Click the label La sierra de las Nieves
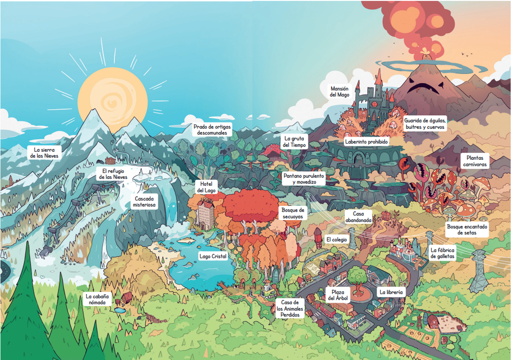click(44, 153)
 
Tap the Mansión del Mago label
click(340, 92)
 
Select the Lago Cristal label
click(213, 256)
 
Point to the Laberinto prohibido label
click(366, 142)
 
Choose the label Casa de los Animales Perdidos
click(290, 308)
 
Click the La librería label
click(391, 292)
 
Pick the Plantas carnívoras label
click(475, 161)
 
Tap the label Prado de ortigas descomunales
click(212, 130)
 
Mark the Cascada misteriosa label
click(144, 202)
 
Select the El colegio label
click(337, 240)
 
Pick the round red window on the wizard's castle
click(374, 104)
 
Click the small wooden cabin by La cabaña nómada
click(126, 297)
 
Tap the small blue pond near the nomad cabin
click(120, 310)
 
